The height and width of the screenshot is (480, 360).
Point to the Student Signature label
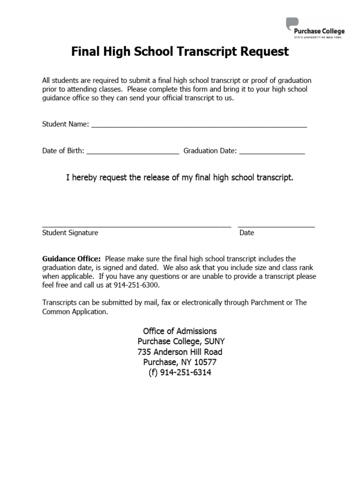tap(70, 232)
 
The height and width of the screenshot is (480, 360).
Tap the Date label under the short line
tap(247, 232)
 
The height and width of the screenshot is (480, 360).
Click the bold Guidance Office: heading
tap(71, 259)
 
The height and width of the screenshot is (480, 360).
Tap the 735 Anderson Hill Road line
tap(180, 352)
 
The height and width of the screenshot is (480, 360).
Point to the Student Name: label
tap(66, 124)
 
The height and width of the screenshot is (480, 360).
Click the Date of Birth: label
tap(63, 151)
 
